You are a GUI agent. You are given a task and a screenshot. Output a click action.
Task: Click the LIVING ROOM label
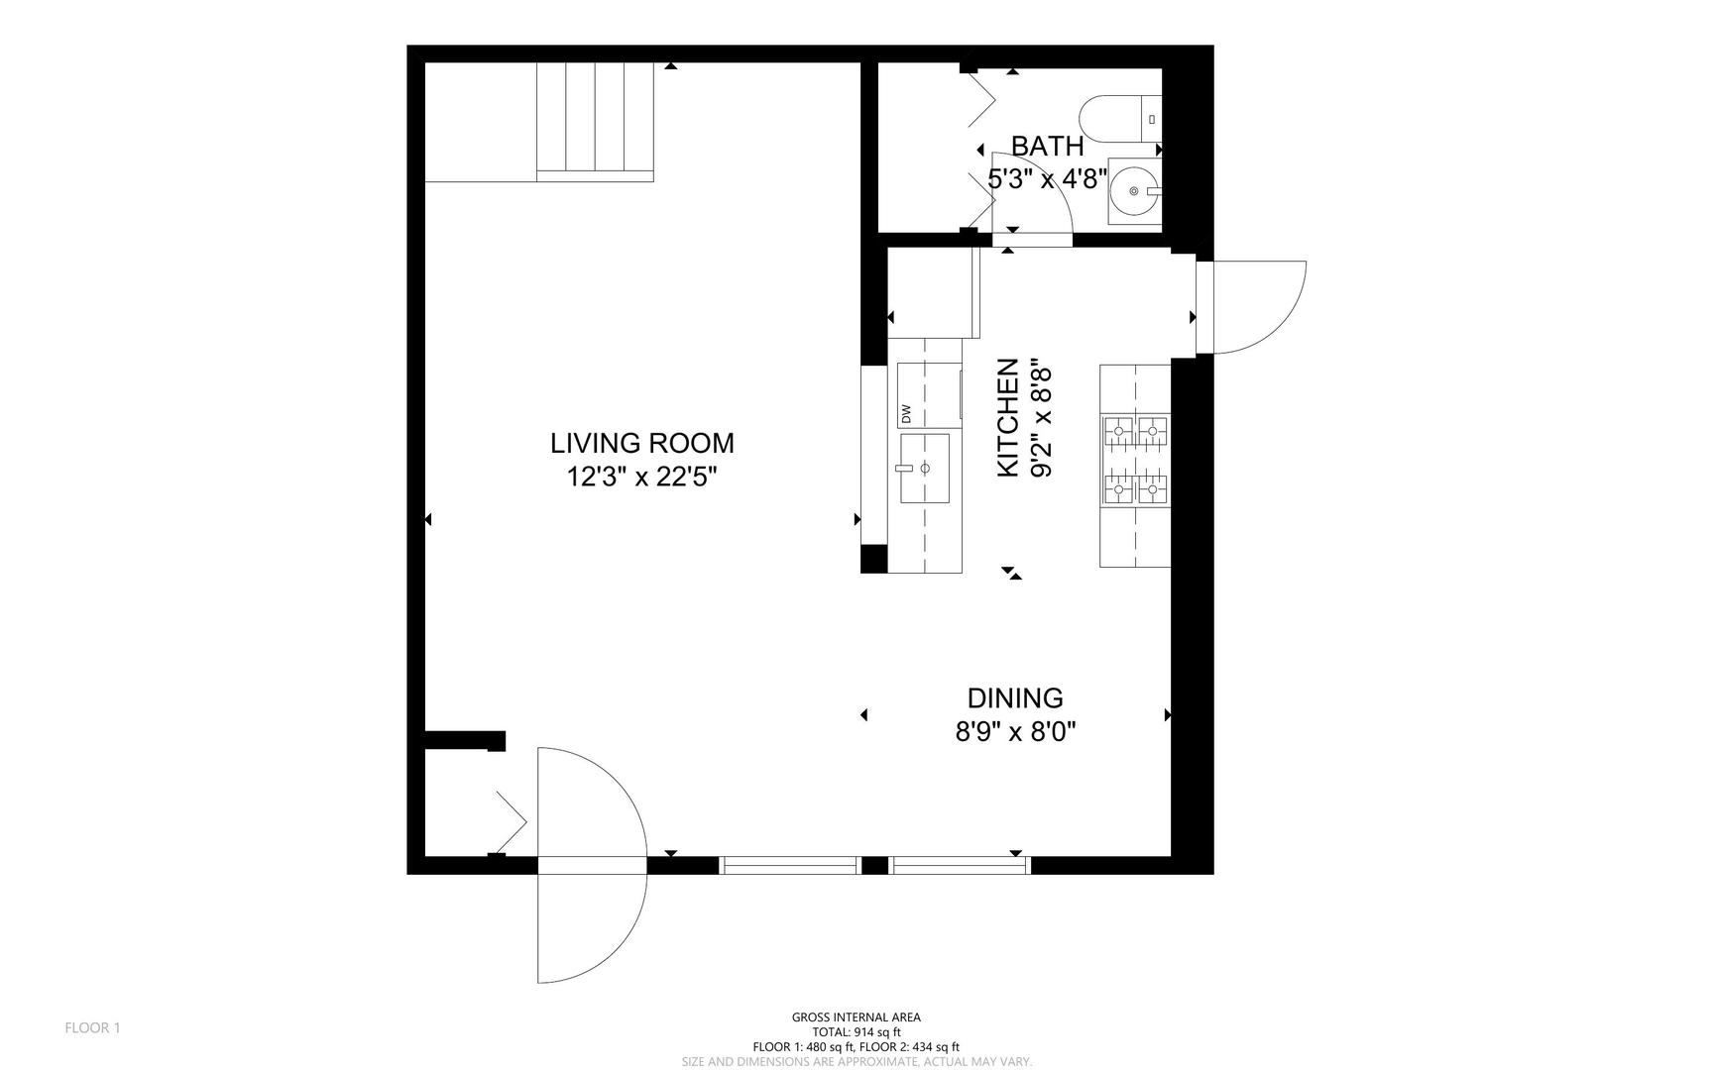click(642, 443)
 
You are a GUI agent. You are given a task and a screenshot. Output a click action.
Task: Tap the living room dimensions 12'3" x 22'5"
click(641, 478)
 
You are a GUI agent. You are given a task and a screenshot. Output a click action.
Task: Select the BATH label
click(1047, 147)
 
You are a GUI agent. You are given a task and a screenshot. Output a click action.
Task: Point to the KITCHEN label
click(1007, 417)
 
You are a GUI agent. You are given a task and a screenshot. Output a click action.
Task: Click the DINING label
click(1015, 698)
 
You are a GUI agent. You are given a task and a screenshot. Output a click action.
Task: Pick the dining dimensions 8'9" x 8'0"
click(1015, 732)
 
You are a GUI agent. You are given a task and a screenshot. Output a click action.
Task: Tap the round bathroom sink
click(1134, 190)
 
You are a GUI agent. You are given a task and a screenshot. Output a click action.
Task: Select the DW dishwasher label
click(905, 413)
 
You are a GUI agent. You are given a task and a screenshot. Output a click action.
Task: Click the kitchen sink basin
click(924, 468)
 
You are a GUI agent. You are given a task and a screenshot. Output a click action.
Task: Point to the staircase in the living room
click(595, 121)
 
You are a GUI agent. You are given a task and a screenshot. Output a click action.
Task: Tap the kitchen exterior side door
click(1251, 307)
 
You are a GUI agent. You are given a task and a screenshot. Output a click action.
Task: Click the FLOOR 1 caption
click(92, 1027)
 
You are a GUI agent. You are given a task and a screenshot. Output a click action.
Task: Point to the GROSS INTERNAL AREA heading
click(856, 1016)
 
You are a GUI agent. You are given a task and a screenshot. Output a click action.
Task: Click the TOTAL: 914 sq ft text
click(856, 1031)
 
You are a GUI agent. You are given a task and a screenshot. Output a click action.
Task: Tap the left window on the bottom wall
click(789, 865)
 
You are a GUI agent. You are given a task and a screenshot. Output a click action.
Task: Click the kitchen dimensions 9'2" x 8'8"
click(1041, 417)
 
